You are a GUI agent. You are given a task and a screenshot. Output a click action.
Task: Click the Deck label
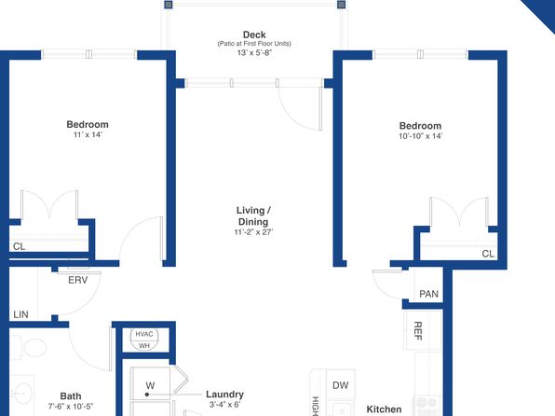[x=254, y=35]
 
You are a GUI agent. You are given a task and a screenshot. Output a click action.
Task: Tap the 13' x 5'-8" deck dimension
[x=254, y=53]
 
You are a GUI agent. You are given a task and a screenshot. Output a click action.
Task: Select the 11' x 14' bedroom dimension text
[x=88, y=134]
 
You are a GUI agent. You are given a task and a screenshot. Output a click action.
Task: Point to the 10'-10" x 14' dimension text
[x=421, y=136]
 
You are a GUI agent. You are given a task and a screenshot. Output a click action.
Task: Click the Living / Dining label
[x=253, y=216]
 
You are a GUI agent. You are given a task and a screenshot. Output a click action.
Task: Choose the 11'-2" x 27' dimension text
[x=253, y=232]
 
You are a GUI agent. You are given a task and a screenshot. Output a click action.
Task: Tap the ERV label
[x=78, y=280]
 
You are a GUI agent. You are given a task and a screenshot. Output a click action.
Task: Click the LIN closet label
[x=20, y=314]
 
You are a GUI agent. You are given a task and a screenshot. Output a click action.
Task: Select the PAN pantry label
[x=428, y=294]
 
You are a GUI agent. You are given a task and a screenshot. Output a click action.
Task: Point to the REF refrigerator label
[x=418, y=331]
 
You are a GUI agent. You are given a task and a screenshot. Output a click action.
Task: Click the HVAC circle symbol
[x=144, y=340]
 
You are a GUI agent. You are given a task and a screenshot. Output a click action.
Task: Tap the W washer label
[x=150, y=385]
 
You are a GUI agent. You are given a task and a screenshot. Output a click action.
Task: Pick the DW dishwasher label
[x=341, y=385]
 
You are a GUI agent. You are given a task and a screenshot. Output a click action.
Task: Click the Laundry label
[x=224, y=395]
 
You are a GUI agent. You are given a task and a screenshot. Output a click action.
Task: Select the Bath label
[x=71, y=396]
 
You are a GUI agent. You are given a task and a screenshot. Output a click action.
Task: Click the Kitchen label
[x=384, y=409]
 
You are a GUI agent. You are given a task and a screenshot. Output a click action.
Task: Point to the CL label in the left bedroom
[x=20, y=246]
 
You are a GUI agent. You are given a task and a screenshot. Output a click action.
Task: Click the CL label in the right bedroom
[x=488, y=254]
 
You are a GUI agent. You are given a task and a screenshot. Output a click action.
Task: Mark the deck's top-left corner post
[x=169, y=5]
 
